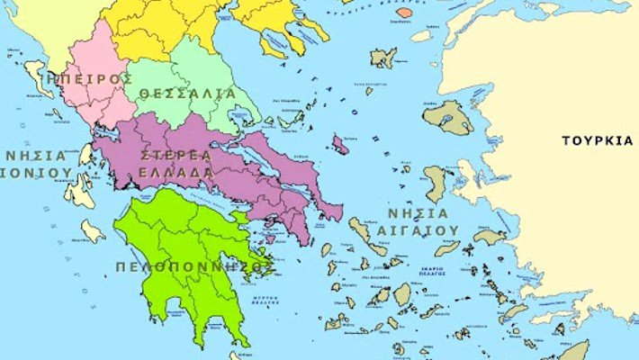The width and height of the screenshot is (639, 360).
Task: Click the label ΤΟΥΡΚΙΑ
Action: click(597, 140)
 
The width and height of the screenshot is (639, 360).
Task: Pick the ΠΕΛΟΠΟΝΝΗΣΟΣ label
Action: click(193, 267)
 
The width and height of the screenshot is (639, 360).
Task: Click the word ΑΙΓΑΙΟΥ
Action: click(423, 230)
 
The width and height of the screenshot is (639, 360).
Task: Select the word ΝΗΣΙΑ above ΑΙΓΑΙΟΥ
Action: click(418, 212)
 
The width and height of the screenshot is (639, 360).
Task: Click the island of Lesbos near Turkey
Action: click(448, 118)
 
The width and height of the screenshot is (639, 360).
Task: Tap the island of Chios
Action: click(436, 183)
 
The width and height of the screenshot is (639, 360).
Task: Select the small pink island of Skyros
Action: click(339, 144)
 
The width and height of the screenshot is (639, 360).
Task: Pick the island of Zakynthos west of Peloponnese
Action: click(92, 231)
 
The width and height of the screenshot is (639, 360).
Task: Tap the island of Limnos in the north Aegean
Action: click(383, 58)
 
